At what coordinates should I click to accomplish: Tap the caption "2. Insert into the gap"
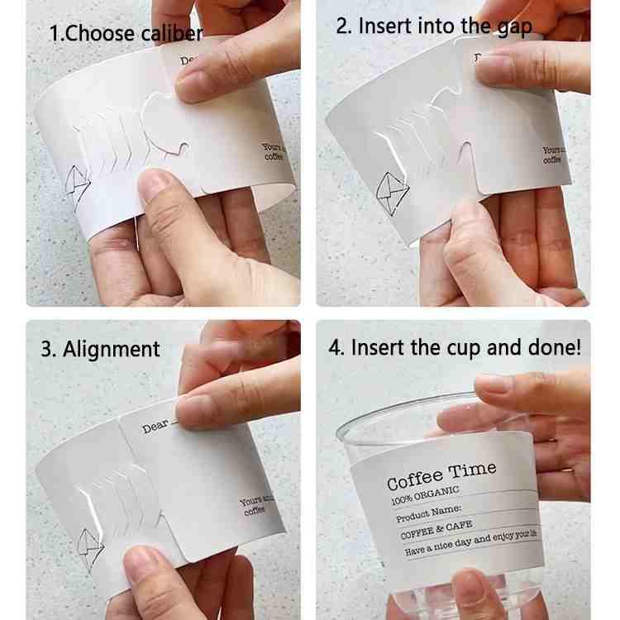434,26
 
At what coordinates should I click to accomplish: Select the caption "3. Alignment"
100,349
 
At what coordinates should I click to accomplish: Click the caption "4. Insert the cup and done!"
455,347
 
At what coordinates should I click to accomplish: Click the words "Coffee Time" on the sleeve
441,476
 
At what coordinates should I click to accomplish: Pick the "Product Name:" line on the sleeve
428,514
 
